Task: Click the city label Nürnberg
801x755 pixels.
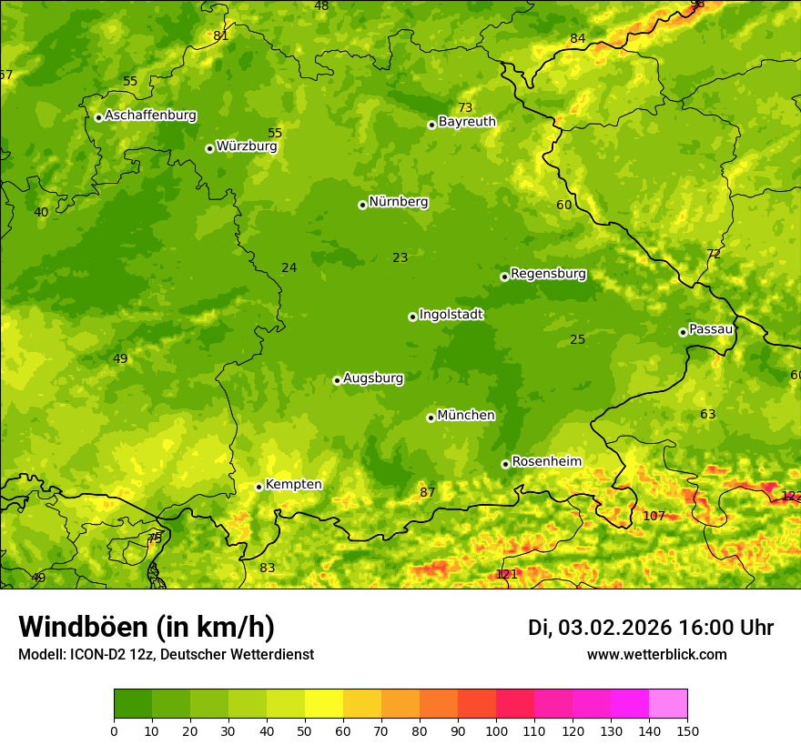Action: pos(398,202)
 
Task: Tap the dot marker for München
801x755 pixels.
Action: pos(431,418)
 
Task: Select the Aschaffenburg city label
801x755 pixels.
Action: pos(150,116)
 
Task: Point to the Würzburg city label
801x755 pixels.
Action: pos(247,146)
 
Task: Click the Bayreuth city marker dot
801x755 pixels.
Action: pos(431,125)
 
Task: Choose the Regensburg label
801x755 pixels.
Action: pos(548,274)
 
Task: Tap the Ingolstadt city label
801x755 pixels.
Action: pos(451,315)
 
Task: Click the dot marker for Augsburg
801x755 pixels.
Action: pos(337,380)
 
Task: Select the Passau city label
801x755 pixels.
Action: pos(711,329)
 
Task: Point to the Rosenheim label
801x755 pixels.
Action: pos(546,462)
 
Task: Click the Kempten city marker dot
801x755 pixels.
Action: pos(259,487)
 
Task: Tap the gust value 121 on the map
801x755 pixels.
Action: pos(506,575)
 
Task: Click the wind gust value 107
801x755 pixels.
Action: pos(654,516)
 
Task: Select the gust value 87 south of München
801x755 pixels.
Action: pos(427,493)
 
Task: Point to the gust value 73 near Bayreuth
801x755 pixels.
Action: pos(465,108)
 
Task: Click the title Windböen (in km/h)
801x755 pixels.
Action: pos(147,627)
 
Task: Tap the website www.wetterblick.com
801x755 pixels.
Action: pos(656,654)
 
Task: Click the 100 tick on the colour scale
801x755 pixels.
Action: pos(496,730)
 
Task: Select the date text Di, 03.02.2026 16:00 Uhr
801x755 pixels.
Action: pos(650,628)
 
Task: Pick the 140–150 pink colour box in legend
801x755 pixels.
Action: pos(668,703)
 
